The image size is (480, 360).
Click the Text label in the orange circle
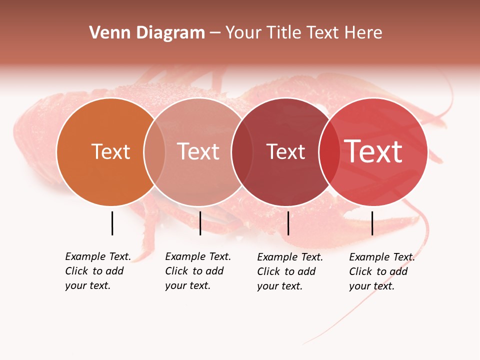[x=110, y=151]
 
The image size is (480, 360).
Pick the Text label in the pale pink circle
[x=198, y=151]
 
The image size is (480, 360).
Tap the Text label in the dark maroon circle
[x=285, y=151]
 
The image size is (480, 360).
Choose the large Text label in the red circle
[x=373, y=151]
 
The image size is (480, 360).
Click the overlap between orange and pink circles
[x=154, y=151]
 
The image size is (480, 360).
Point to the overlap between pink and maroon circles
[x=242, y=151]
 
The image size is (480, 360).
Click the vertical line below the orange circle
[x=112, y=223]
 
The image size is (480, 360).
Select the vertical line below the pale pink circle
[x=200, y=223]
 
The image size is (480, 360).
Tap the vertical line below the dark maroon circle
[x=288, y=223]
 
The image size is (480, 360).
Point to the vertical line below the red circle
[x=372, y=223]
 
